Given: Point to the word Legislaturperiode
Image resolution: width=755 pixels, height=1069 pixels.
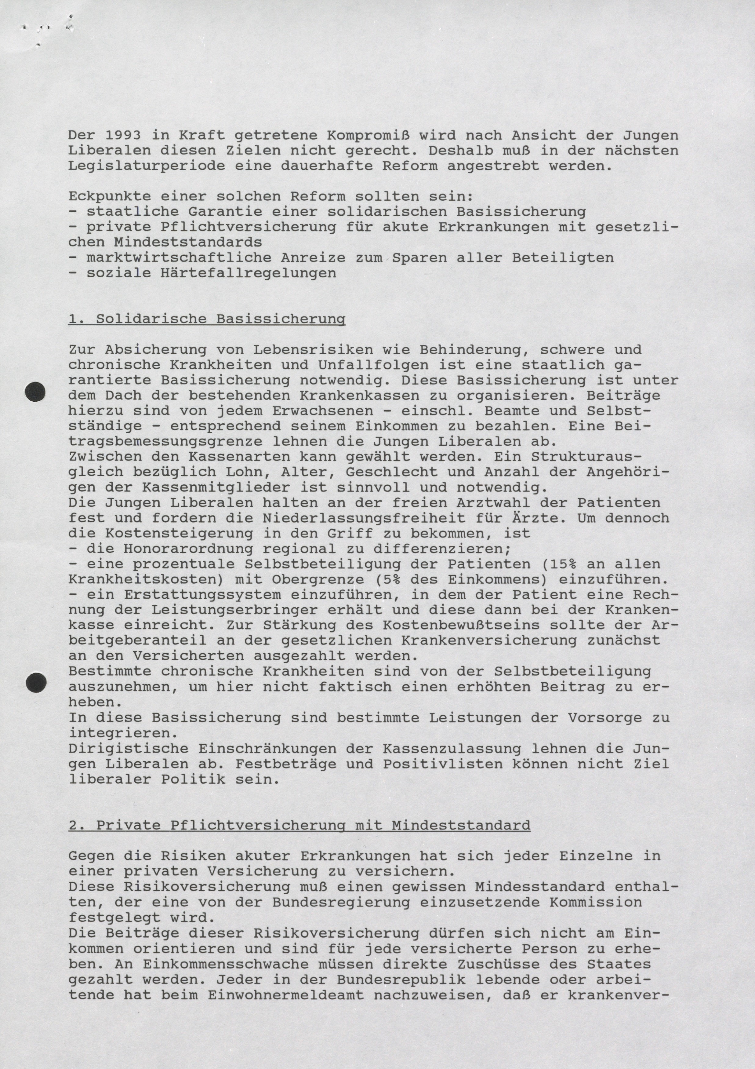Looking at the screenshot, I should [146, 166].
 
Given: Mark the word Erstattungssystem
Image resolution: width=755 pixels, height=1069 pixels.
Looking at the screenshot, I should [202, 595].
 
